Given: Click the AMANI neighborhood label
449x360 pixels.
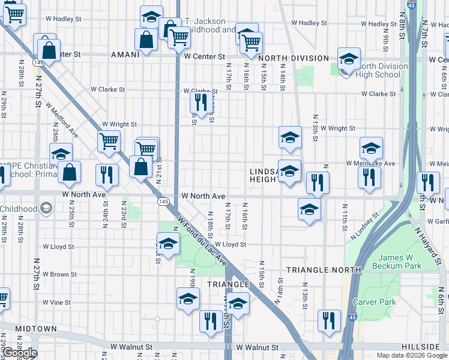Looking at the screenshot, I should click(x=125, y=54).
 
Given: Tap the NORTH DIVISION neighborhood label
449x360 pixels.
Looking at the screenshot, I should click(x=294, y=59).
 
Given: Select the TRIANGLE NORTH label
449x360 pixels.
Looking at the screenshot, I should click(x=324, y=270).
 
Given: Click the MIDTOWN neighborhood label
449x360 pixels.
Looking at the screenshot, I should click(x=36, y=329).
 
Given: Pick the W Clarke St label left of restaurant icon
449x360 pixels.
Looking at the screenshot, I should click(x=108, y=89).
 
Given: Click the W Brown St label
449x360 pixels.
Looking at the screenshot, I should click(x=59, y=274).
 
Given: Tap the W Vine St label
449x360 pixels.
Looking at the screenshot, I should click(x=61, y=302).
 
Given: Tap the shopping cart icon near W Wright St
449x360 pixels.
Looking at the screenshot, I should click(x=109, y=142).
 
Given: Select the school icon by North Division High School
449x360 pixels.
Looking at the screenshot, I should click(x=349, y=59).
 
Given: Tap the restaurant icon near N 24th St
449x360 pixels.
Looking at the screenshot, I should click(x=107, y=175).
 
